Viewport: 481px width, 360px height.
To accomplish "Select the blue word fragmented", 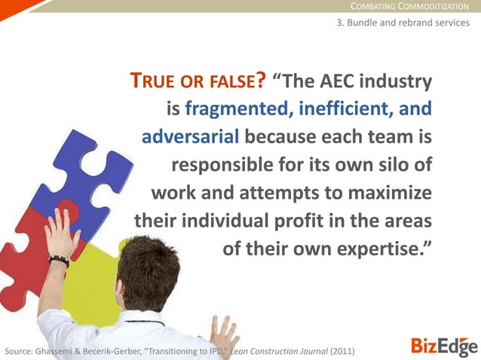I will pos(237,109).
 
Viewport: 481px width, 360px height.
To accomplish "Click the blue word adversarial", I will pos(191,138).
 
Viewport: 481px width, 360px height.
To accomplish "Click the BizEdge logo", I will pos(444,346).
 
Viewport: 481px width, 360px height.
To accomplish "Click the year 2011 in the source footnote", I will pos(340,352).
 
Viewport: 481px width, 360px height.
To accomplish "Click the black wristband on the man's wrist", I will pos(59,261).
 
